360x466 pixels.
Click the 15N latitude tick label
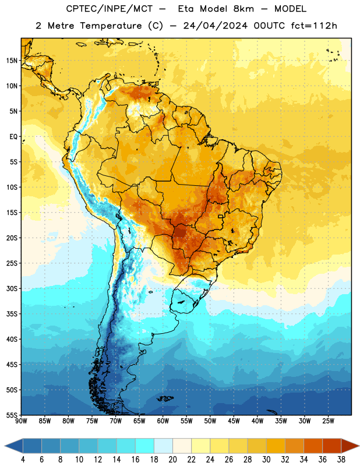(12, 61)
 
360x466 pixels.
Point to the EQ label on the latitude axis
(13, 137)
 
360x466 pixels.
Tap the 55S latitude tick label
(12, 415)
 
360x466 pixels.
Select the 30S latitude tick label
(12, 288)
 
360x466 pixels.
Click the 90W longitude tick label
(21, 421)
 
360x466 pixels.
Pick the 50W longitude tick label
(210, 421)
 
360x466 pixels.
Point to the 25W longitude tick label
(328, 421)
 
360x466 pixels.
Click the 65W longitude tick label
(139, 421)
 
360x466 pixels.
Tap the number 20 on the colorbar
(172, 460)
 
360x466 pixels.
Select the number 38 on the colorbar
(341, 460)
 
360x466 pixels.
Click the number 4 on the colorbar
(23, 460)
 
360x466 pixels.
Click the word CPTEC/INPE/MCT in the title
(110, 9)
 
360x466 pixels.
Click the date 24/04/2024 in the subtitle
(215, 26)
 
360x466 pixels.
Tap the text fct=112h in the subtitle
(314, 26)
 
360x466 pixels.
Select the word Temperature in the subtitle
(111, 26)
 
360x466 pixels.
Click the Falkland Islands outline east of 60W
(165, 398)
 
